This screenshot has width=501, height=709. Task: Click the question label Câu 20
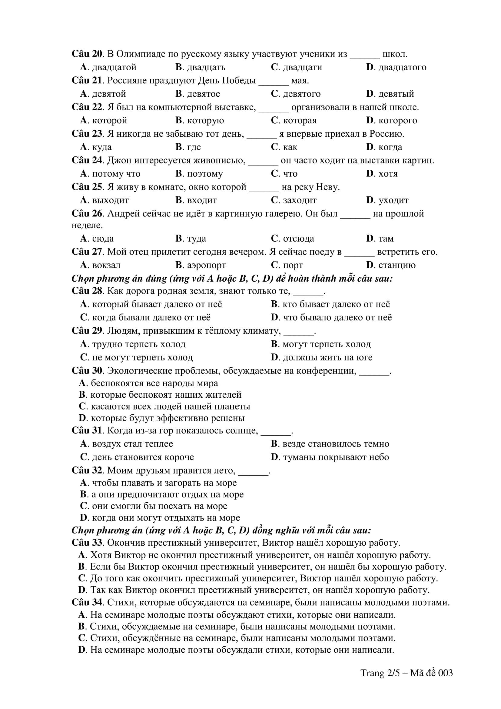pyautogui.click(x=87, y=54)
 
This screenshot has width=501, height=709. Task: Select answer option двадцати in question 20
pyautogui.click(x=296, y=67)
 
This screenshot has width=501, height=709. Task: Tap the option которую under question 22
pyautogui.click(x=200, y=120)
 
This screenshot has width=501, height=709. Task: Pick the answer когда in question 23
pyautogui.click(x=384, y=147)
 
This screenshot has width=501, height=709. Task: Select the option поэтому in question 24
pyautogui.click(x=199, y=174)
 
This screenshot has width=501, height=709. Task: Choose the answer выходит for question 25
pyautogui.click(x=104, y=200)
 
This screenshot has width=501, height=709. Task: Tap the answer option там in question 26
pyautogui.click(x=380, y=238)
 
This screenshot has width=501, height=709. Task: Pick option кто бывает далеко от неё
pyautogui.click(x=330, y=304)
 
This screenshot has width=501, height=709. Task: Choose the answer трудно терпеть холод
pyautogui.click(x=133, y=344)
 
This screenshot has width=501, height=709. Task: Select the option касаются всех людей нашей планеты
pyautogui.click(x=164, y=406)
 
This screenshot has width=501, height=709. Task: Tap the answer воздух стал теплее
pyautogui.click(x=127, y=444)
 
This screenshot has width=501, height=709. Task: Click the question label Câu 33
pyautogui.click(x=87, y=543)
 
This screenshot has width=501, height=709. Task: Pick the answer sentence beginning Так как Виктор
pyautogui.click(x=254, y=590)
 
